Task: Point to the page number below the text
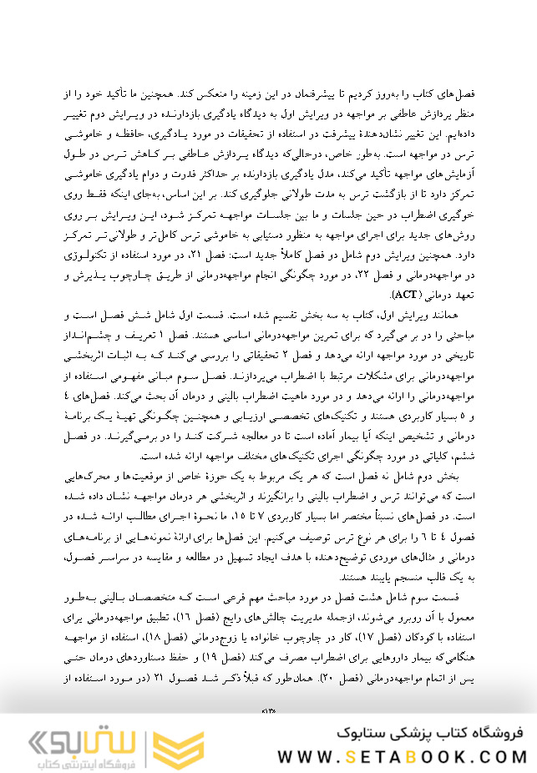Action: click(x=268, y=710)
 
